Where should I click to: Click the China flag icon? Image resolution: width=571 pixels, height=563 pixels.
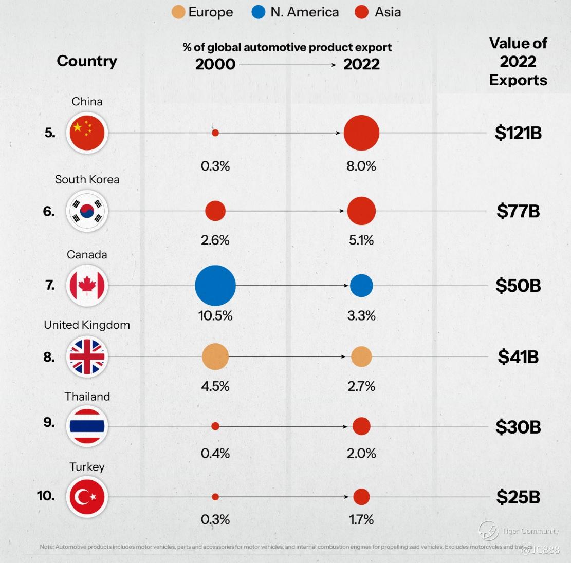(87, 133)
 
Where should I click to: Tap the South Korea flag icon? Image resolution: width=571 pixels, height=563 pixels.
(87, 211)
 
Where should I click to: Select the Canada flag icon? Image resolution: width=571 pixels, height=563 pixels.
(87, 286)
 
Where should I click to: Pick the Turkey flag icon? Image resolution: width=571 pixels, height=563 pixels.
(87, 497)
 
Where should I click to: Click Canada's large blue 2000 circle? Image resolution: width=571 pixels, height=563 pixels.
(215, 286)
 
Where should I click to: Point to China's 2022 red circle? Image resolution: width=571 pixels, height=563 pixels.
(361, 133)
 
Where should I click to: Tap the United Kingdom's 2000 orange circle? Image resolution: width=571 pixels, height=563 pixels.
(215, 356)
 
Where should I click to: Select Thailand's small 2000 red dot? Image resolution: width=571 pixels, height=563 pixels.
(215, 426)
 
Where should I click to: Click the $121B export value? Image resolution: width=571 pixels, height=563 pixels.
(518, 133)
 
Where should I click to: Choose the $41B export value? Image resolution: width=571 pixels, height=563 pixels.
(518, 356)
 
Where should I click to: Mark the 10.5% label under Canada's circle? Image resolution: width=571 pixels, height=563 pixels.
(215, 315)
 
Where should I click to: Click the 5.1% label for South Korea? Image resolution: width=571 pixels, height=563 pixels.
(361, 240)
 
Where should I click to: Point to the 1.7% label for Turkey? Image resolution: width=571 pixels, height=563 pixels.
(361, 519)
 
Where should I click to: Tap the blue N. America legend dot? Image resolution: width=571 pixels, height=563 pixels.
(259, 12)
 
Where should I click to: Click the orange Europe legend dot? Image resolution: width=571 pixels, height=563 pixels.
(178, 12)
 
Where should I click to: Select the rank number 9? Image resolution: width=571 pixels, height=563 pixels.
(49, 422)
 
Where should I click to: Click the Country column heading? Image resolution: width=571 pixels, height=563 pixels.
(87, 61)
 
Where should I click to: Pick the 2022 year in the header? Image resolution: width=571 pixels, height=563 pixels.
(361, 64)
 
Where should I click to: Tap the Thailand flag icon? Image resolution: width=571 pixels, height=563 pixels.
(87, 426)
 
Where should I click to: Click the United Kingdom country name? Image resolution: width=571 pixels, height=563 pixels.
(87, 325)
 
